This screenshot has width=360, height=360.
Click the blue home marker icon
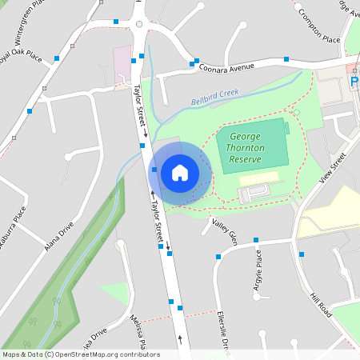[x=180, y=172]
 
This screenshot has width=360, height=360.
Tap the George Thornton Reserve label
[x=251, y=148]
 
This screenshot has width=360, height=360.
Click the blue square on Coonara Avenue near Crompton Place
[x=286, y=58]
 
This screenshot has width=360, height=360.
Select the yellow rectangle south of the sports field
[x=259, y=178]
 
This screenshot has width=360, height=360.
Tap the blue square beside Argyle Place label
[x=256, y=240]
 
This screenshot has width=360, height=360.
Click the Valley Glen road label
[x=225, y=231]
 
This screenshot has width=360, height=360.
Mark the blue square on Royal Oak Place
[x=57, y=58]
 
